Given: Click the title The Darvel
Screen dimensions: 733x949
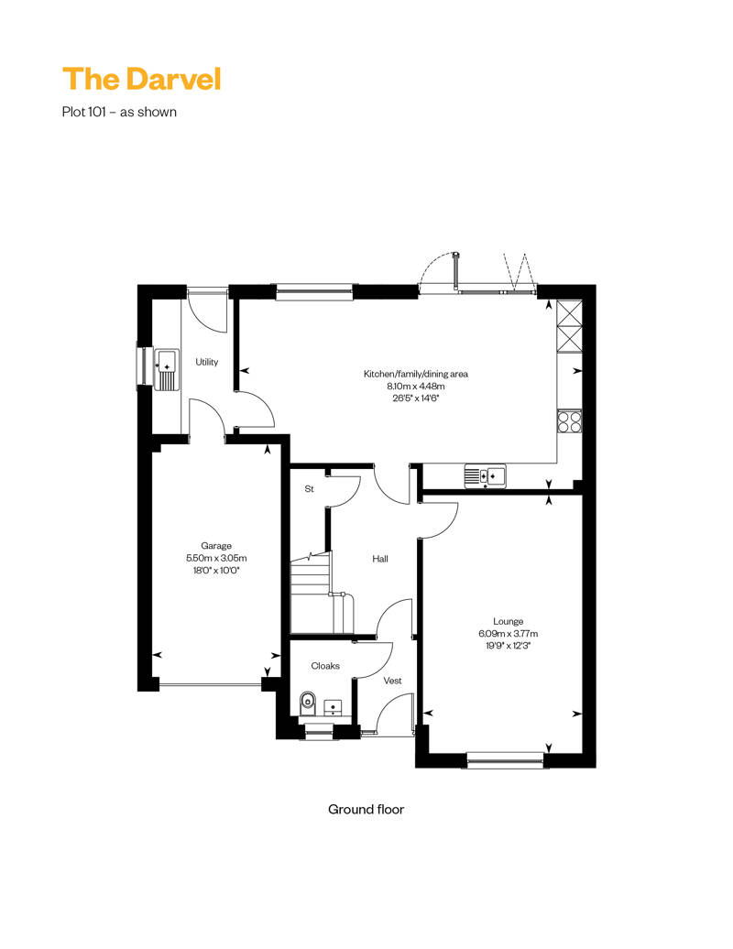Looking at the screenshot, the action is pos(142,80).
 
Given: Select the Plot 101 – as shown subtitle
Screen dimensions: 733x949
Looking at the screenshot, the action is pos(119,112).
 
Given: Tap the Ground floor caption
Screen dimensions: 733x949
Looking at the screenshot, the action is pos(366,809).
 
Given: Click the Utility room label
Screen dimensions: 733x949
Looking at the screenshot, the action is pos(206,362).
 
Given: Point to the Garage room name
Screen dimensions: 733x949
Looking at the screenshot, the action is pos(216,546).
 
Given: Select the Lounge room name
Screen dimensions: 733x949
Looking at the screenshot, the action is pos(508,622).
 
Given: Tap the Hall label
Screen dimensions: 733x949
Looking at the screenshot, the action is pos(380,559).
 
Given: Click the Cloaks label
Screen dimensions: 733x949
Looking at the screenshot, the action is pos(325,666).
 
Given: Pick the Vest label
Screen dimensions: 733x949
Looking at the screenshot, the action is pos(393,681).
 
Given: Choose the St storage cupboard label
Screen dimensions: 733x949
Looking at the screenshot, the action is pos(310,489).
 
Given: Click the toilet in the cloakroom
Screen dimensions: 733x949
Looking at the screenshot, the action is pos(308,704).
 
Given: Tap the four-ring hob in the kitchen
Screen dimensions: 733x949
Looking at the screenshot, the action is pos(569,420).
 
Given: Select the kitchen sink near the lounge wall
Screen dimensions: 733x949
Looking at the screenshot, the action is pos(485,475).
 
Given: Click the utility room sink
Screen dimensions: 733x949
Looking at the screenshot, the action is pos(167,369).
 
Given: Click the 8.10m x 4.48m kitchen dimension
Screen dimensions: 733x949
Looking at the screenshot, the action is pos(416,387).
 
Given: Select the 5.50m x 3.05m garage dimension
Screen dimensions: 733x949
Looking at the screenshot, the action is pos(216,558).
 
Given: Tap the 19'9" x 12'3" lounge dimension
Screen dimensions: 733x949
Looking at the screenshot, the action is pos(508,646).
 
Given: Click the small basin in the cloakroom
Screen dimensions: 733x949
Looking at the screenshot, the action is pos(333,707).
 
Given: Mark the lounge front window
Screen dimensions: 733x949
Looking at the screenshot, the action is pos(506,760).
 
